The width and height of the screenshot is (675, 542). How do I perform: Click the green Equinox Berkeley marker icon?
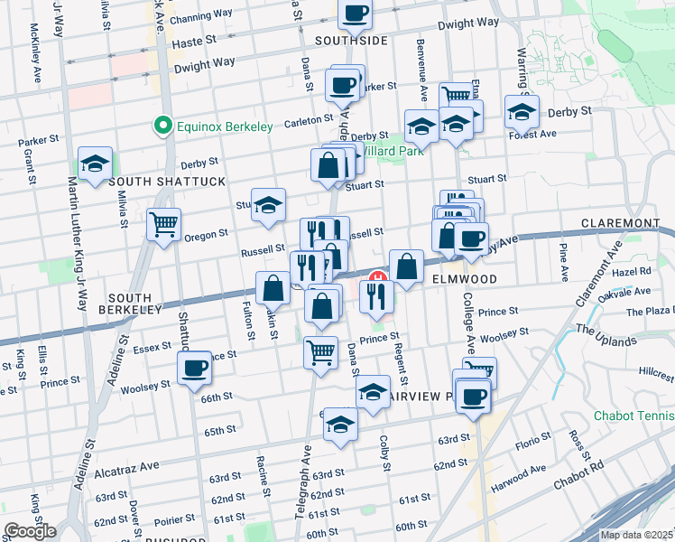163,126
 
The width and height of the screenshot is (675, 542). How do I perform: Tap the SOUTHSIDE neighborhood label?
351,41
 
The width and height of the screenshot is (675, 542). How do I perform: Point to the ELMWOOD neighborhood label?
464,279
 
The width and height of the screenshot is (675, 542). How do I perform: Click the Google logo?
30,531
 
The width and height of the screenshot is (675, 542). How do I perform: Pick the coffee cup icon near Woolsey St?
195,368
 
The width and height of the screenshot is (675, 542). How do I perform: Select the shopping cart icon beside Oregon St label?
163,223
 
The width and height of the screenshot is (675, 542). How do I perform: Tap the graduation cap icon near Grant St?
95,163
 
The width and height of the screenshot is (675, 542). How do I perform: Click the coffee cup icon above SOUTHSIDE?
355,13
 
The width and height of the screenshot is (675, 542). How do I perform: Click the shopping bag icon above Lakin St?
273,287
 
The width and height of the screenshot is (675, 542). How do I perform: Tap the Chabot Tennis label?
633,416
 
